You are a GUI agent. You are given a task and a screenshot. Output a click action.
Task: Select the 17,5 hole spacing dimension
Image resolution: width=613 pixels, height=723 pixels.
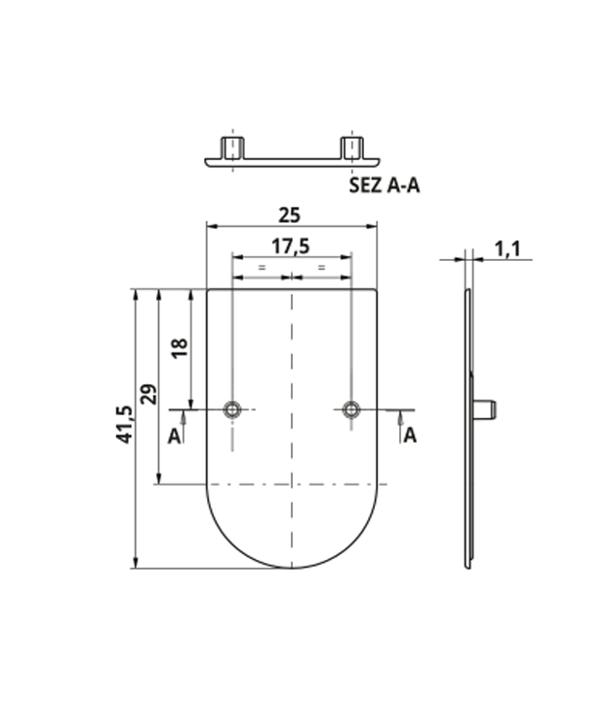[290, 246]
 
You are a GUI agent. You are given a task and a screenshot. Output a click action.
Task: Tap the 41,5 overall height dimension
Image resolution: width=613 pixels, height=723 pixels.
[124, 425]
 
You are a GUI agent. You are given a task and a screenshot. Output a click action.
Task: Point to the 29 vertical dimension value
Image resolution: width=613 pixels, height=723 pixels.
[148, 394]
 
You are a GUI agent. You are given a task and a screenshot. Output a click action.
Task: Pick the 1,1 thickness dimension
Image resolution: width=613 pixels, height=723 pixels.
[507, 249]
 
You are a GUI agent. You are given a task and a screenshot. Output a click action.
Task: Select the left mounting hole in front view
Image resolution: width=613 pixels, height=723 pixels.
[232, 408]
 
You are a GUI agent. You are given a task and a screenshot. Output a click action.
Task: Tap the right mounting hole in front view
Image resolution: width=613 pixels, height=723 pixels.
[351, 408]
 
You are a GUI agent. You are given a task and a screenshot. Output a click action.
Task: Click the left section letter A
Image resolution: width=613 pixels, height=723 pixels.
[174, 436]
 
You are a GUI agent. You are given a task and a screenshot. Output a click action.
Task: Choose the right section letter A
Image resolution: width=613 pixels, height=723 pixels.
[410, 436]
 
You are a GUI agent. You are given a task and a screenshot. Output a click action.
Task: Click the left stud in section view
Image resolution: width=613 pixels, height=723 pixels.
[232, 149]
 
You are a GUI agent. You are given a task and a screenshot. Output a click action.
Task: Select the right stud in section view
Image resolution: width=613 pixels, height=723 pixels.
[351, 149]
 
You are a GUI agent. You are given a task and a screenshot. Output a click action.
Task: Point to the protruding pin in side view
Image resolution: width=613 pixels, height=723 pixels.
[487, 408]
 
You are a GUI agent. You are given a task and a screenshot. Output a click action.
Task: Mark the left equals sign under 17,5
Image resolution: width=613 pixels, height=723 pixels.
[262, 266]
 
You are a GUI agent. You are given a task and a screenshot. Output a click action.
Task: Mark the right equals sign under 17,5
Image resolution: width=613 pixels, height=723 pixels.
[322, 266]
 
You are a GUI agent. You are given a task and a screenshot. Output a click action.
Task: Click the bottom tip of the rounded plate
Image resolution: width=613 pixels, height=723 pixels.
[292, 567]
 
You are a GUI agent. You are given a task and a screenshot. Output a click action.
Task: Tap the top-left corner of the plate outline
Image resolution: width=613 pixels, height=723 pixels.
[207, 289]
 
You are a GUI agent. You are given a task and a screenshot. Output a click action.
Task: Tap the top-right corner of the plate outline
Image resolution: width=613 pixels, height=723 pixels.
[377, 289]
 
